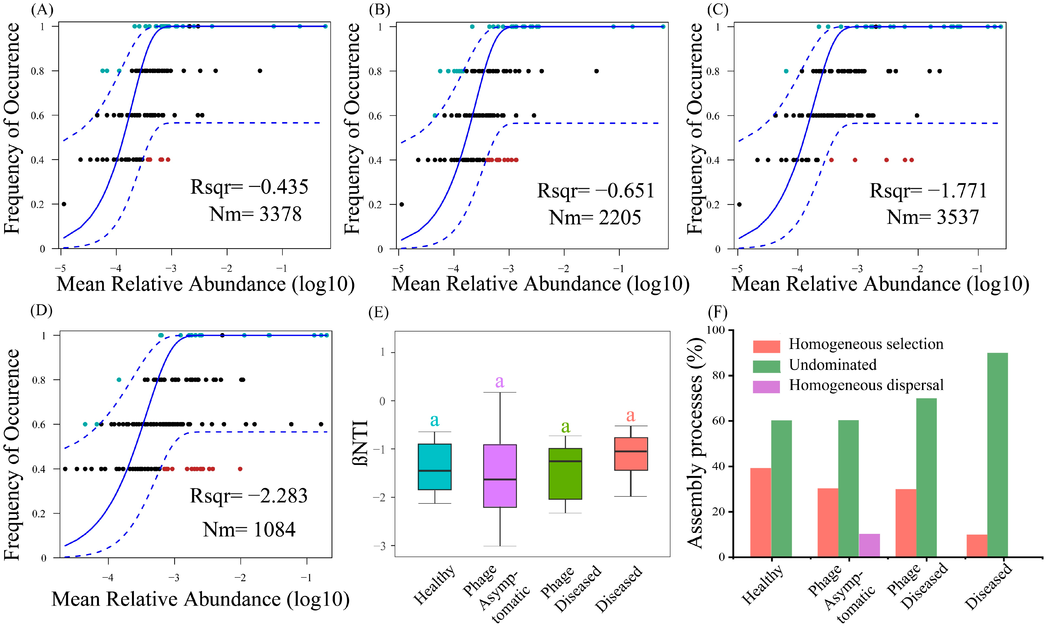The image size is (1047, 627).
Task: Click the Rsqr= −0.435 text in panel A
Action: tap(249, 187)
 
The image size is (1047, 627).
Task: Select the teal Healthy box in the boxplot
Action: tap(435, 467)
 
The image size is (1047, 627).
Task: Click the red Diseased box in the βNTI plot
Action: tap(631, 454)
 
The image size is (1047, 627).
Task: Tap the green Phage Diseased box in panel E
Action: tap(565, 474)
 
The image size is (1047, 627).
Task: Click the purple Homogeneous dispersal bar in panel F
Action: tap(869, 545)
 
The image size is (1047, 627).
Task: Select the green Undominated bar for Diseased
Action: tap(998, 454)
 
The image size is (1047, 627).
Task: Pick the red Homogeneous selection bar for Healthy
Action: tap(761, 512)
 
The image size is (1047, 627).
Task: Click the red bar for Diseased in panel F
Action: tap(977, 545)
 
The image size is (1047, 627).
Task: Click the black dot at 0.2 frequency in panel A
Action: tap(64, 204)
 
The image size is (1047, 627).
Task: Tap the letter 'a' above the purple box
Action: tap(500, 382)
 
